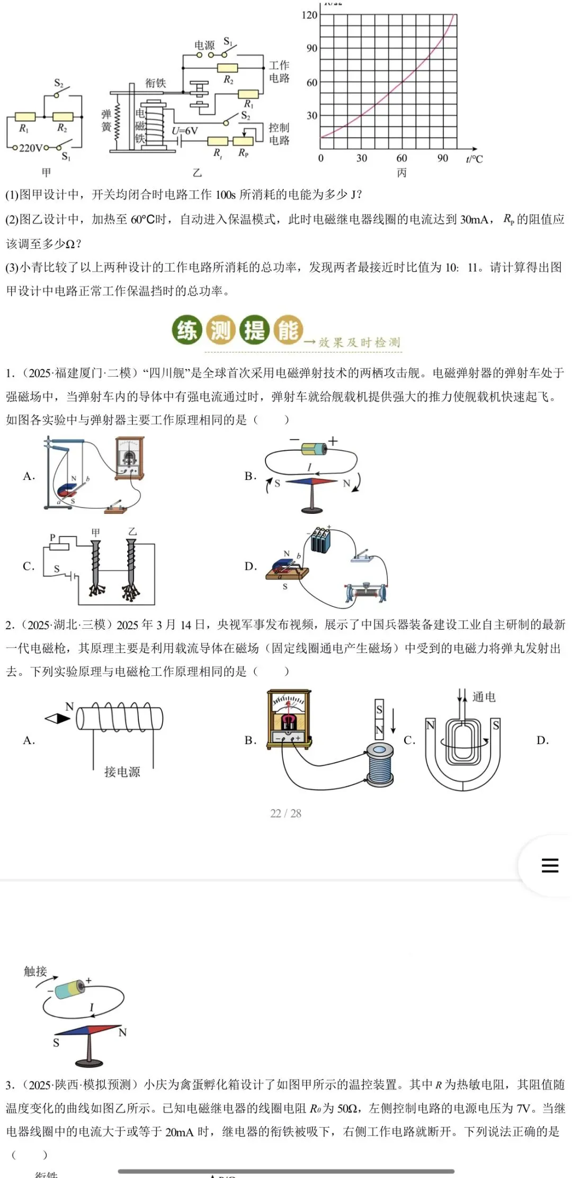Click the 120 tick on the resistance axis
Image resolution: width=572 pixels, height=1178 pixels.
[x=309, y=15]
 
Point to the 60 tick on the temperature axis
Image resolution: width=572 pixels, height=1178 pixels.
[x=401, y=158]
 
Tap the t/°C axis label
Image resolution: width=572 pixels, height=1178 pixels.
[x=474, y=158]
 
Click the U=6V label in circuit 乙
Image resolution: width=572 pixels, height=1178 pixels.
[x=185, y=131]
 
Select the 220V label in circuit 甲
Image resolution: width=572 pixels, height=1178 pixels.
[x=31, y=148]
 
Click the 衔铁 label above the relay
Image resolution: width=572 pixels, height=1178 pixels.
[x=155, y=83]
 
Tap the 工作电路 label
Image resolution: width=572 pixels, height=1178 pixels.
[x=279, y=71]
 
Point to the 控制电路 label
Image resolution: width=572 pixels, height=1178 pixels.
[x=279, y=134]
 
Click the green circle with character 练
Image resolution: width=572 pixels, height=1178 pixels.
[x=187, y=330]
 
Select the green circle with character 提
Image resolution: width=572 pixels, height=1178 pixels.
[x=255, y=330]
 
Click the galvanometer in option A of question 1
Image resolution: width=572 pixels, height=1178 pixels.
[x=130, y=458]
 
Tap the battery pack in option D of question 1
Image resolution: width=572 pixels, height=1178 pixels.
[x=321, y=540]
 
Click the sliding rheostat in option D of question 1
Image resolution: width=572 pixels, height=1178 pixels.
[x=365, y=592]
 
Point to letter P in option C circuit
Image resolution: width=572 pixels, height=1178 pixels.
[x=52, y=537]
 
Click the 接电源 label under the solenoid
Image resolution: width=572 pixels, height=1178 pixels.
[x=122, y=772]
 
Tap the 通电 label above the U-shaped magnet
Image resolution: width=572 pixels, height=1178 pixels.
[x=484, y=697]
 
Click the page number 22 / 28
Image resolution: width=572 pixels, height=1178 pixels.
[x=285, y=813]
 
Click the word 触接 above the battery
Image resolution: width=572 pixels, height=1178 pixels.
[x=35, y=971]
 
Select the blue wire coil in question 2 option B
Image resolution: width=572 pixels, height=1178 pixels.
[x=380, y=766]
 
